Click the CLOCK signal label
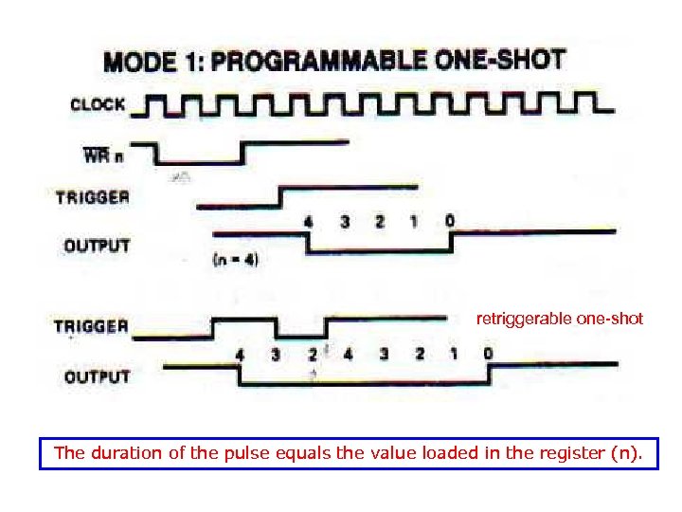(99, 104)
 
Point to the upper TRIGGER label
(93, 198)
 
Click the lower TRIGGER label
(91, 327)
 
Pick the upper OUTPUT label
(97, 246)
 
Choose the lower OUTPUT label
(97, 376)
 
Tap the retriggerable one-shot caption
(559, 320)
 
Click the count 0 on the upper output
(449, 221)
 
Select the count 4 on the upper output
(308, 222)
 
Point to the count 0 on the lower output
(487, 354)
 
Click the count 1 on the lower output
(454, 354)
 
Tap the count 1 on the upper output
(413, 222)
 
